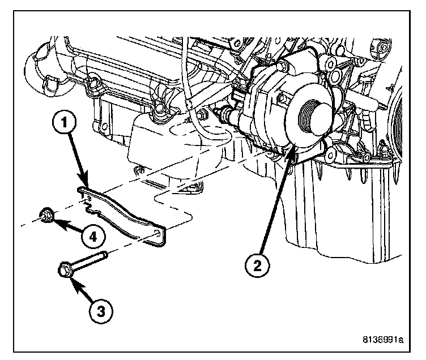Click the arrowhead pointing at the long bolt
(x=71, y=278)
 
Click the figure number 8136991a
(x=382, y=340)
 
